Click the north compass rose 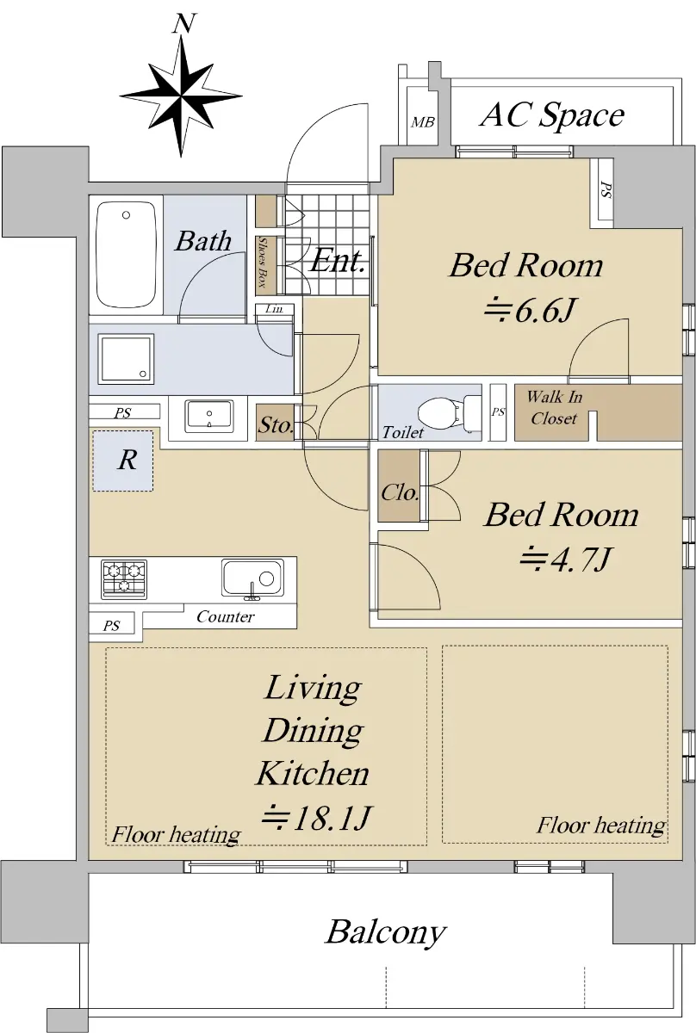coord(181,96)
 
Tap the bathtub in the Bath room coord(126,254)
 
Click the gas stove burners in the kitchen coord(124,579)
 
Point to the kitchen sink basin coord(252,578)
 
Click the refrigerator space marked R coord(123,461)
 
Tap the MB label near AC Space coord(423,122)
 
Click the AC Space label coord(552,114)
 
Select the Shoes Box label coord(263,263)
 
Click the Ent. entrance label coord(338,261)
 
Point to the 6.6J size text coord(530,311)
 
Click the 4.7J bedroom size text coord(565,559)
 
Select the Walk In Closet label coord(555,407)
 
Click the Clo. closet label coord(400,493)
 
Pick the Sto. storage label coord(276,424)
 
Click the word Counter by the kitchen coord(225,616)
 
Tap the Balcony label coord(386,932)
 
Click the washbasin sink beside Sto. coord(209,416)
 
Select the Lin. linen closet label coord(274,308)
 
